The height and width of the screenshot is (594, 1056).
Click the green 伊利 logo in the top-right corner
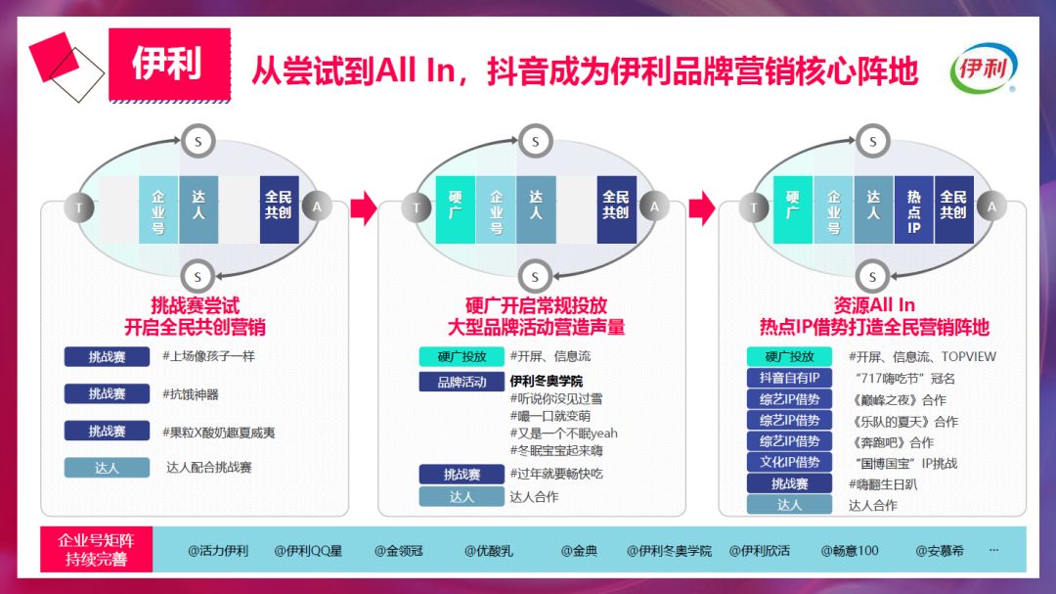click(983, 71)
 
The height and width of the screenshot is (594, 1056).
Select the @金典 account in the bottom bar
click(579, 551)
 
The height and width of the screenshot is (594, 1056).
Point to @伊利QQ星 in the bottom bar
click(308, 551)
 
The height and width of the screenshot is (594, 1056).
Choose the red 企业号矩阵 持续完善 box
click(96, 550)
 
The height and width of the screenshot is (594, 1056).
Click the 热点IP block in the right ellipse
click(914, 210)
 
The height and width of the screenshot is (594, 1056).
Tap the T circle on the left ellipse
click(79, 207)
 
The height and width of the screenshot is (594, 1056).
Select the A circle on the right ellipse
click(991, 206)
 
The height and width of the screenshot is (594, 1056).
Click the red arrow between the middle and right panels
click(701, 207)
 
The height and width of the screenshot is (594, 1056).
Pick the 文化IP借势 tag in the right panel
click(789, 463)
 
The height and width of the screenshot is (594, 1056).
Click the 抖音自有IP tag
click(789, 378)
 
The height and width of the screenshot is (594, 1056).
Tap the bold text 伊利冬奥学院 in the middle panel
click(546, 381)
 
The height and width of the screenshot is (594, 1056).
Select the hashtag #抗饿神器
click(191, 394)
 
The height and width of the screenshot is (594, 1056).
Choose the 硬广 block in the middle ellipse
click(455, 210)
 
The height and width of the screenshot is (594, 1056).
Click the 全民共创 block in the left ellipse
click(279, 210)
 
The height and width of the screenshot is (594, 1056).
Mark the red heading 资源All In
click(874, 305)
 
